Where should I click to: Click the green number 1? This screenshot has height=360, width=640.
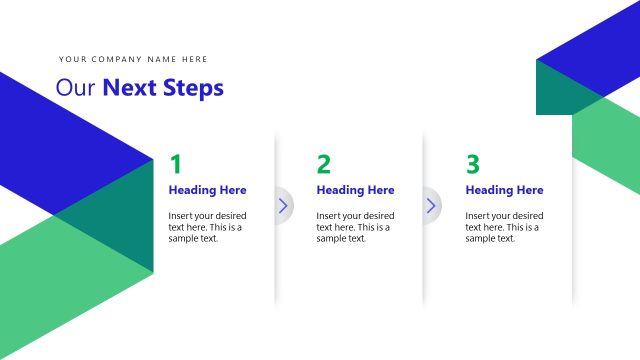[x=176, y=165]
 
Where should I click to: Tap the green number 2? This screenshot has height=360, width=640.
[x=323, y=165]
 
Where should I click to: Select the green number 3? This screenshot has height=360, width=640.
[x=473, y=165]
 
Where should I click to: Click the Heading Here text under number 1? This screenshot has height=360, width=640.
[x=207, y=190]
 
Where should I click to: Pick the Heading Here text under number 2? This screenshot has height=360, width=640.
[x=355, y=190]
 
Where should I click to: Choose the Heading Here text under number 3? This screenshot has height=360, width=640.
[x=504, y=190]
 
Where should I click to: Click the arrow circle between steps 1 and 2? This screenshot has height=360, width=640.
[x=282, y=205]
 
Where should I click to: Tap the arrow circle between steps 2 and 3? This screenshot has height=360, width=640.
[x=431, y=205]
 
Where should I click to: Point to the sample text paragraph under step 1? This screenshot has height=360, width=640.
[x=206, y=227]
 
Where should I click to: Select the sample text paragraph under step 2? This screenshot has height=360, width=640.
[x=355, y=227]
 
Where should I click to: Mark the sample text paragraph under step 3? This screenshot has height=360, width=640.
[x=504, y=227]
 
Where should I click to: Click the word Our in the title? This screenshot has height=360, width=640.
[x=75, y=88]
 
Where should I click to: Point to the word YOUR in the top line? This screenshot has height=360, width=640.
[x=73, y=60]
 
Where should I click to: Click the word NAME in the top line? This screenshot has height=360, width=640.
[x=161, y=60]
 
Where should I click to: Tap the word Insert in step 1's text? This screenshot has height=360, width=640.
[x=182, y=216]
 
